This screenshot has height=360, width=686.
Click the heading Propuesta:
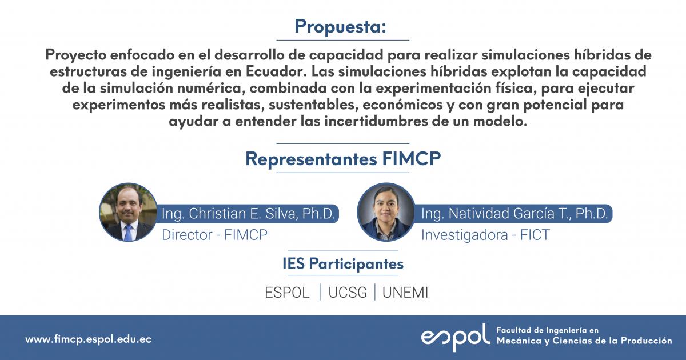pyautogui.click(x=341, y=26)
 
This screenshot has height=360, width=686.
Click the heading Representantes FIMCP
pyautogui.click(x=343, y=159)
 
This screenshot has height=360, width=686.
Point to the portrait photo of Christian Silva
pyautogui.click(x=128, y=212)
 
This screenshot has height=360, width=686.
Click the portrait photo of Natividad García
pyautogui.click(x=386, y=212)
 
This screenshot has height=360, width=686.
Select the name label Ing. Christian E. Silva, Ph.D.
pyautogui.click(x=250, y=214)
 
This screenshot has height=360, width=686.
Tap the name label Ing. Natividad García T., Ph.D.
pyautogui.click(x=515, y=214)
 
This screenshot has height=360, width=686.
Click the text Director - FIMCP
pyautogui.click(x=214, y=234)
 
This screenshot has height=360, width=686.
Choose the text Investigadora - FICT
pyautogui.click(x=485, y=234)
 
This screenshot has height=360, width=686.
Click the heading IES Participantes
pyautogui.click(x=343, y=264)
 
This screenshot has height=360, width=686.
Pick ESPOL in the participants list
pyautogui.click(x=287, y=293)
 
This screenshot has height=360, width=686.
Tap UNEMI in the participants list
pyautogui.click(x=405, y=293)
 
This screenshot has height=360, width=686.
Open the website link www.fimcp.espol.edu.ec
pyautogui.click(x=88, y=339)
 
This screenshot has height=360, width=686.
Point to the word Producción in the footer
pyautogui.click(x=645, y=341)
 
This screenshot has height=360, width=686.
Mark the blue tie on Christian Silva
pyautogui.click(x=128, y=231)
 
